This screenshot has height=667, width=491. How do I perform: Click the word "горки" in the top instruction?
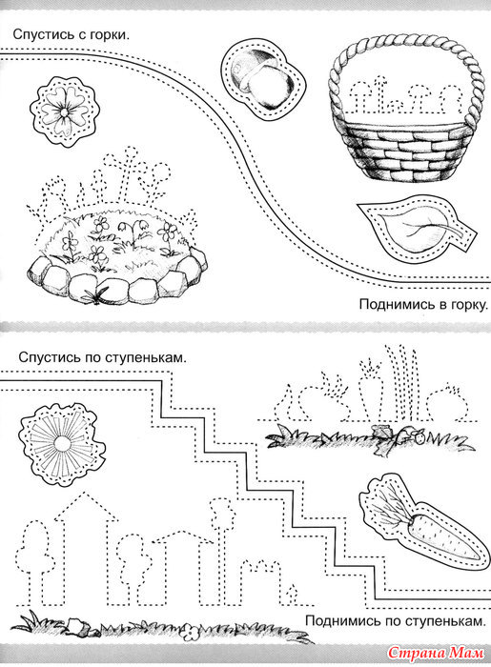coord(109,35)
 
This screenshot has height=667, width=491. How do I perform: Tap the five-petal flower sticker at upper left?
coord(63,111)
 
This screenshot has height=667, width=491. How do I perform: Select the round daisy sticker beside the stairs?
coord(62,445)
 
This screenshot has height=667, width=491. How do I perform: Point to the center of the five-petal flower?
coord(63,112)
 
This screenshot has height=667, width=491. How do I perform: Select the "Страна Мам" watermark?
coord(436,652)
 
